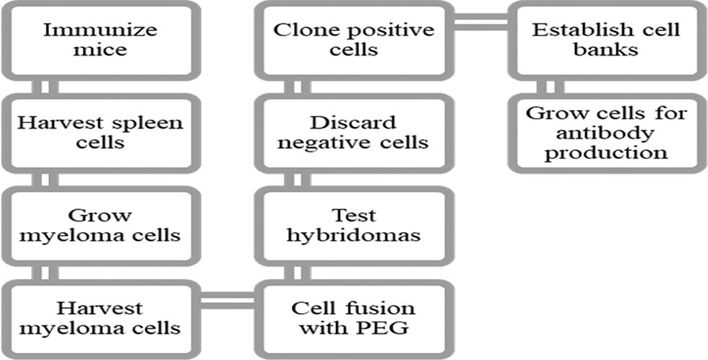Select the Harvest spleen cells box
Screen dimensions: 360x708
pyautogui.click(x=101, y=132)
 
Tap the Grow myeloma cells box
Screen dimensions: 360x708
pyautogui.click(x=101, y=225)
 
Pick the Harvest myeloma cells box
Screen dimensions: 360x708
pyautogui.click(x=101, y=318)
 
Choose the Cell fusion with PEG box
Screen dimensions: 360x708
pyautogui.click(x=354, y=318)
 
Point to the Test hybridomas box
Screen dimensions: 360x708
pyautogui.click(x=354, y=225)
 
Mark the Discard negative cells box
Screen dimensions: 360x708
pyautogui.click(x=354, y=132)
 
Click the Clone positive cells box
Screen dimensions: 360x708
pyautogui.click(x=354, y=40)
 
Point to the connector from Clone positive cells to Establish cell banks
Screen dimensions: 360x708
pyautogui.click(x=480, y=26)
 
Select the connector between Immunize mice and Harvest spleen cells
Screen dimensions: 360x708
pyautogui.click(x=48, y=87)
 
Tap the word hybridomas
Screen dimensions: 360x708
pyautogui.click(x=354, y=235)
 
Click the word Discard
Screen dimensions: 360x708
pyautogui.click(x=354, y=122)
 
